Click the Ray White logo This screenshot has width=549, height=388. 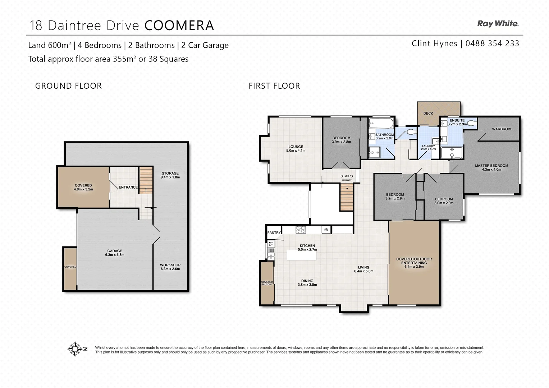point(498,24)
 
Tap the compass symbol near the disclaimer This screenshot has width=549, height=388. point(75,348)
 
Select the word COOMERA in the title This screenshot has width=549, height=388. point(179,26)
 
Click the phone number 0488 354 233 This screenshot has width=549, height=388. point(492,43)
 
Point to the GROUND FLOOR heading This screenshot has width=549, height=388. point(68,86)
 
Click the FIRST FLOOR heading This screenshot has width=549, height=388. point(274,86)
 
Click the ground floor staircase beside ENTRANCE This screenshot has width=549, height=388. point(146,180)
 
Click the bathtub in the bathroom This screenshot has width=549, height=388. point(381,124)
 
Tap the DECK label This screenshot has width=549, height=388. point(428,114)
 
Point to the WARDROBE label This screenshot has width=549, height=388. point(502,129)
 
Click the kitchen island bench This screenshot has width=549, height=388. point(302,255)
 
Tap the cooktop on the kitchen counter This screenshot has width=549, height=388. point(301,230)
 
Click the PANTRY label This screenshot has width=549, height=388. point(274,233)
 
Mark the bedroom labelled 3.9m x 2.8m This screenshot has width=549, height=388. point(341,140)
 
